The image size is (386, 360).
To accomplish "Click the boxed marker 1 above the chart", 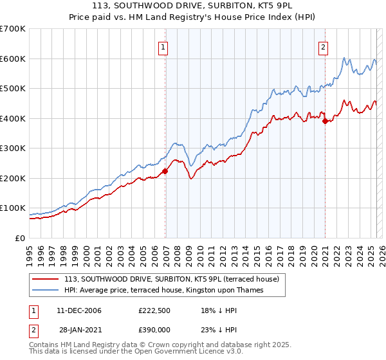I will pyautogui.click(x=163, y=46).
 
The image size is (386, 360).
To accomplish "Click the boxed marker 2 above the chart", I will pyautogui.click(x=322, y=46).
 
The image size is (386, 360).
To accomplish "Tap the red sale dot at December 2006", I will pyautogui.click(x=165, y=171).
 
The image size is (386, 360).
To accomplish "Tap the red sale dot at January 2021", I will pyautogui.click(x=326, y=121).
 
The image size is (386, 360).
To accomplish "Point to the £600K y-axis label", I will pyautogui.click(x=13, y=59).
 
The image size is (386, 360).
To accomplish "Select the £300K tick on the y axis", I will pyautogui.click(x=13, y=148).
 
